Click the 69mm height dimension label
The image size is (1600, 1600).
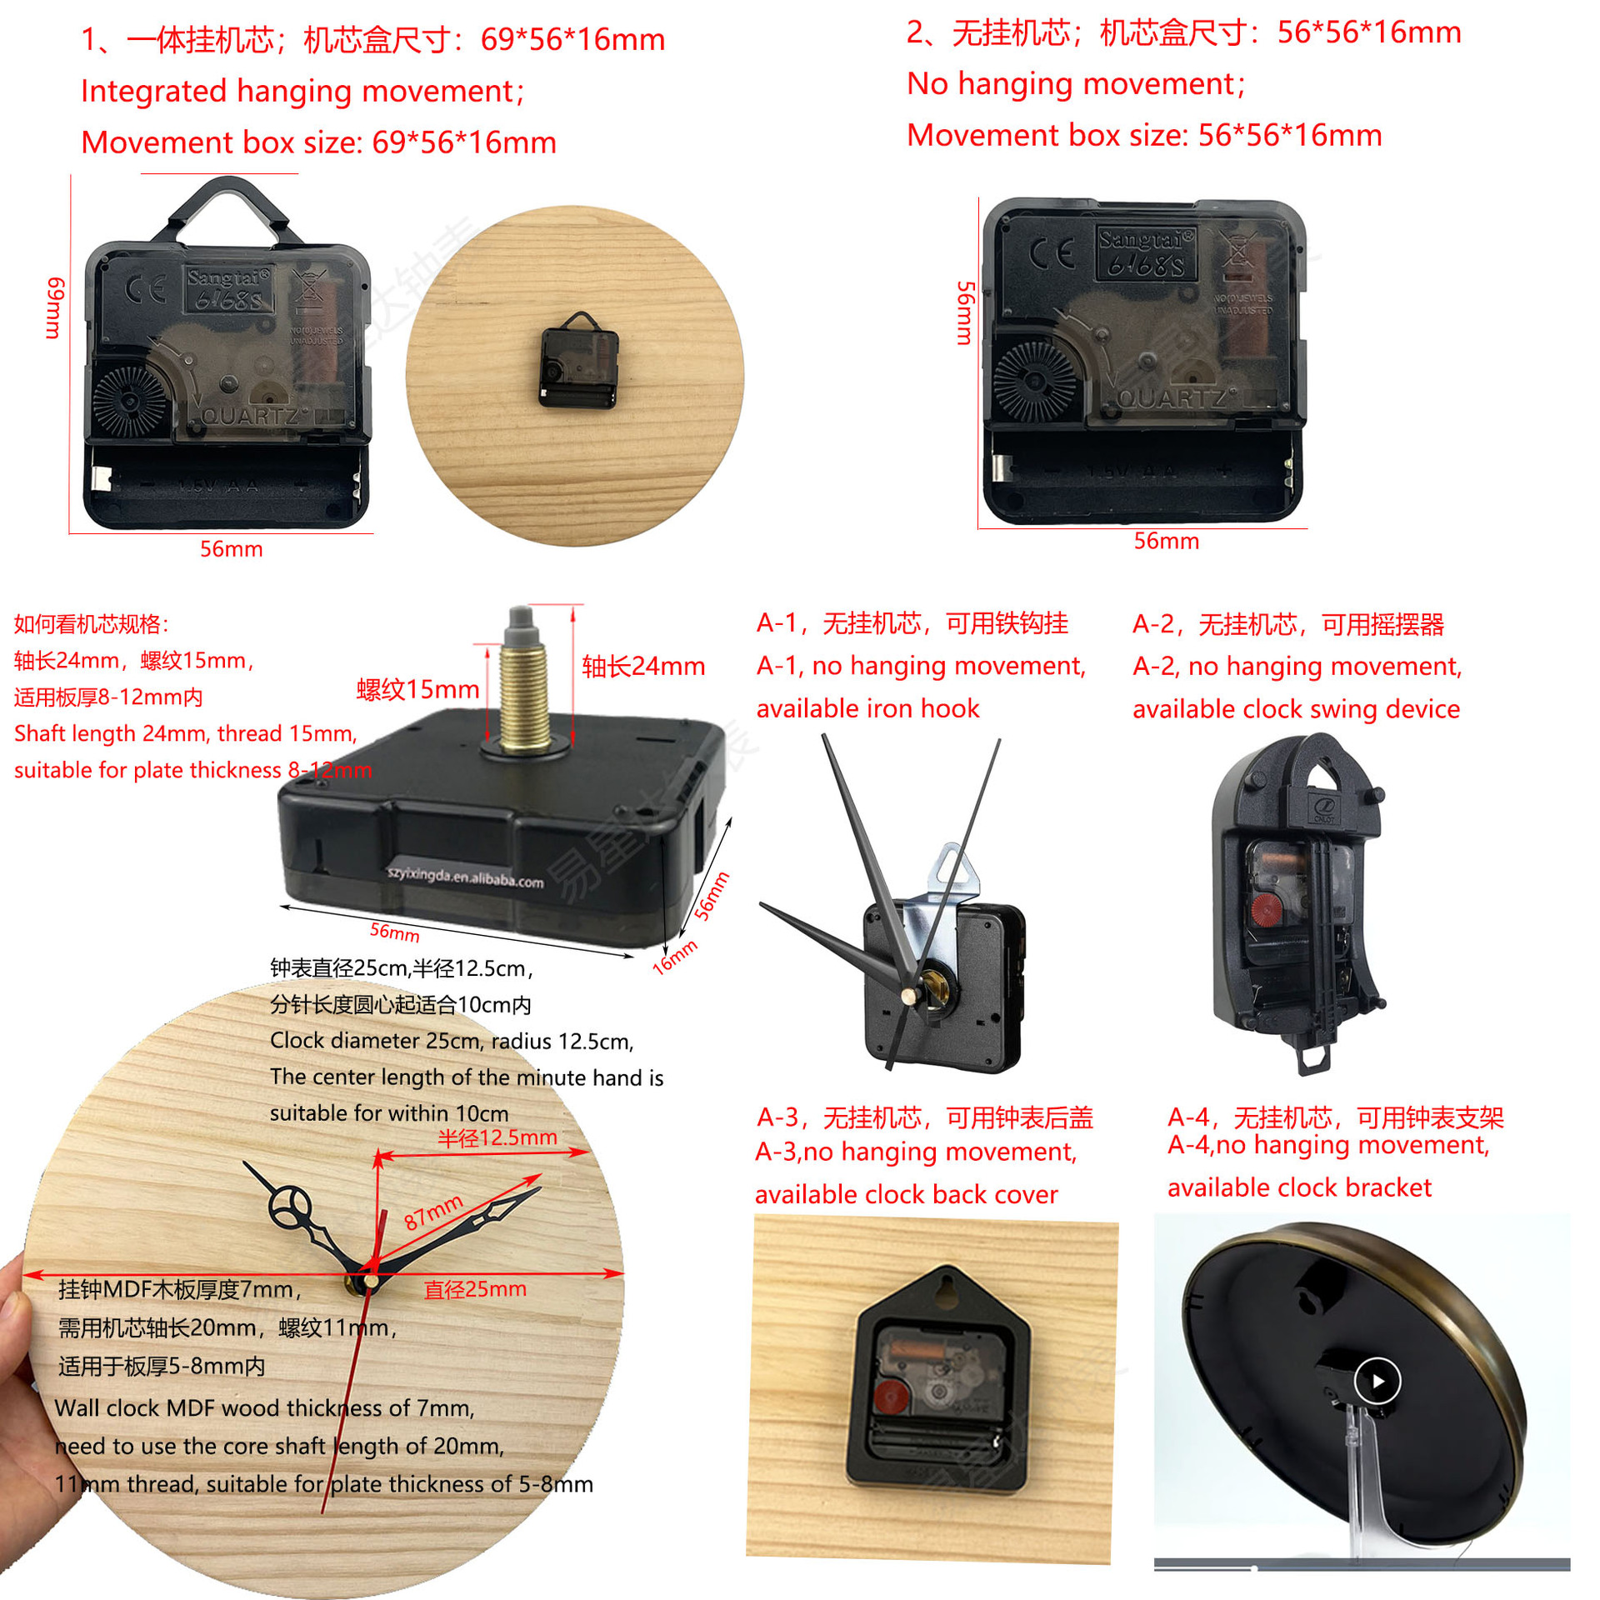click(x=54, y=307)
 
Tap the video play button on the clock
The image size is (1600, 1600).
click(x=1377, y=1381)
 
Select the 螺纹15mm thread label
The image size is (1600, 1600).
click(x=417, y=689)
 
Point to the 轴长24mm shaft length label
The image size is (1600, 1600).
click(x=643, y=666)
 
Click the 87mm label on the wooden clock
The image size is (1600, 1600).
click(x=432, y=1212)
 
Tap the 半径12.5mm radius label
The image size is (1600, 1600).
click(x=497, y=1137)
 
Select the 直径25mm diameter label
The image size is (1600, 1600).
click(x=475, y=1289)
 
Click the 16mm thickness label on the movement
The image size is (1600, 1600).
click(x=674, y=957)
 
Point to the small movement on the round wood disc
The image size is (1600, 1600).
click(x=580, y=362)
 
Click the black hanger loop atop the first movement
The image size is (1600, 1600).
click(x=229, y=208)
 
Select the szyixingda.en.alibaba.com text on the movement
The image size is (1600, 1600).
click(x=466, y=876)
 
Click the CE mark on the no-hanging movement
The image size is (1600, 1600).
click(x=1052, y=253)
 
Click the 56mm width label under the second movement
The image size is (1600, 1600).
click(x=1166, y=541)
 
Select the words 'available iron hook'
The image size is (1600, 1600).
click(x=867, y=708)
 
